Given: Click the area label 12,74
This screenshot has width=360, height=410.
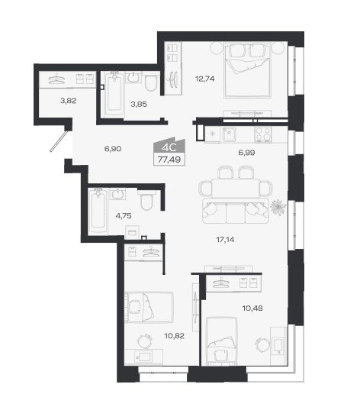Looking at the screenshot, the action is (205, 79).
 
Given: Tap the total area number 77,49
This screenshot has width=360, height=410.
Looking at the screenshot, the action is (169, 160).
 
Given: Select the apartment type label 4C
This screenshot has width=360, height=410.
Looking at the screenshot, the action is (169, 147).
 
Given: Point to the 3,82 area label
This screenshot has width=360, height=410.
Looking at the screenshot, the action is (68, 101).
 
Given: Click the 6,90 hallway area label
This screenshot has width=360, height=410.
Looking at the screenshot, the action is (113, 149).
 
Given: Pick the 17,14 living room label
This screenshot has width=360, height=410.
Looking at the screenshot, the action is (225, 239).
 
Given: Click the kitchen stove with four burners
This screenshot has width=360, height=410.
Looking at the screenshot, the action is (263, 134).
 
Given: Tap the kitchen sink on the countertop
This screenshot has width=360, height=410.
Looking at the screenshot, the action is (229, 134).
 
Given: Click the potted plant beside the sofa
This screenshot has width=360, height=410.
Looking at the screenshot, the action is (278, 208).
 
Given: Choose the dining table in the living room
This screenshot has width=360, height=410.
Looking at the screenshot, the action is (236, 188).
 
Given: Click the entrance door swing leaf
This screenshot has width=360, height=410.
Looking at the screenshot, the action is (60, 141).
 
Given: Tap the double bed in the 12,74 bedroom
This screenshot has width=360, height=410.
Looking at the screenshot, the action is (247, 70).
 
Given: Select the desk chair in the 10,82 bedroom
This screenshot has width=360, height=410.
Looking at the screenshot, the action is (145, 341).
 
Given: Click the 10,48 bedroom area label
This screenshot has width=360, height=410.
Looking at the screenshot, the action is (252, 308).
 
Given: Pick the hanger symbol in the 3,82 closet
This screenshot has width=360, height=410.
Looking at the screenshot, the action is (56, 79).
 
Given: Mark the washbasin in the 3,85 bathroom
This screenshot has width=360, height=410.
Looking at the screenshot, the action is (133, 77).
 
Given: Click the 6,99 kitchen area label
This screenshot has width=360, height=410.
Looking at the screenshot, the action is (246, 152).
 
